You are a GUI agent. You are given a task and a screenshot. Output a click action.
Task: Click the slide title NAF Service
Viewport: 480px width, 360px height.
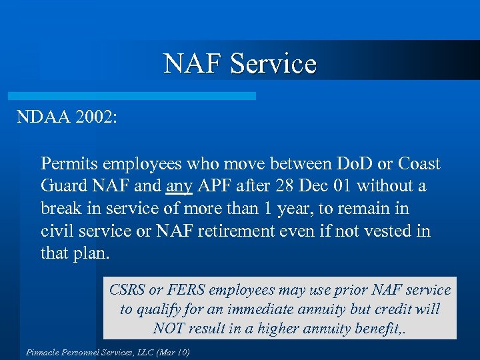(240, 64)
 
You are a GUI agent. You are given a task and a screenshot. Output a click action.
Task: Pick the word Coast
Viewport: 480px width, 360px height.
(419, 163)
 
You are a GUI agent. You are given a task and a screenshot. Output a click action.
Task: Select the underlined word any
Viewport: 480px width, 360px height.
(178, 186)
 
